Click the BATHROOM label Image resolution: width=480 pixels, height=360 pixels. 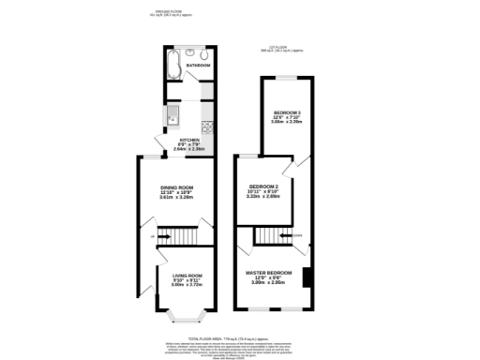pyautogui.click(x=198, y=67)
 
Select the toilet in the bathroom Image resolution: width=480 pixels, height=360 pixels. pyautogui.click(x=189, y=52)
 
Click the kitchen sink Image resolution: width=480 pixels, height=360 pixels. pyautogui.click(x=173, y=117)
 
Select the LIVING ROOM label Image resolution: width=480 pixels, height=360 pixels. pyautogui.click(x=187, y=275)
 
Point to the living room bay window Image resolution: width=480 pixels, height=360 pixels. pyautogui.click(x=187, y=319)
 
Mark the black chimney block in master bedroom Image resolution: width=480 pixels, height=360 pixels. pyautogui.click(x=307, y=277)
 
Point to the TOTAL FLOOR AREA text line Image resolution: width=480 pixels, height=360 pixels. pyautogui.click(x=233, y=337)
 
